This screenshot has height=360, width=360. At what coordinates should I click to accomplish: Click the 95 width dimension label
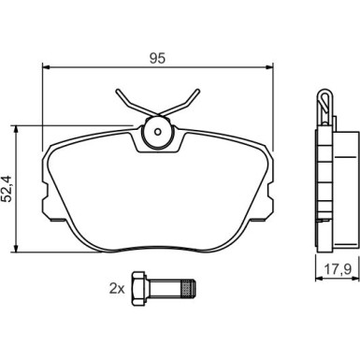tap(157, 59)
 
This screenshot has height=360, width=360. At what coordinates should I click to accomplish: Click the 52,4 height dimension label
tap(7, 189)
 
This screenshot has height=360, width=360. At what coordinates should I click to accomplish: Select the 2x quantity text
tap(117, 289)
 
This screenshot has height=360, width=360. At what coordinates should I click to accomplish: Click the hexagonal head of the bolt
tap(138, 288)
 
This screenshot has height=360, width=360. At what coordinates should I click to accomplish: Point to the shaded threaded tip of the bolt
tap(189, 289)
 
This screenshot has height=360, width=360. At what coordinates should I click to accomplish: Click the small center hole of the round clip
tap(158, 132)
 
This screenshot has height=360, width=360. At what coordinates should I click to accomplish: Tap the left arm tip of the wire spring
tap(118, 91)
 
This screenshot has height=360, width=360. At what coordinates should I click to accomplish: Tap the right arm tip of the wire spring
tap(197, 91)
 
